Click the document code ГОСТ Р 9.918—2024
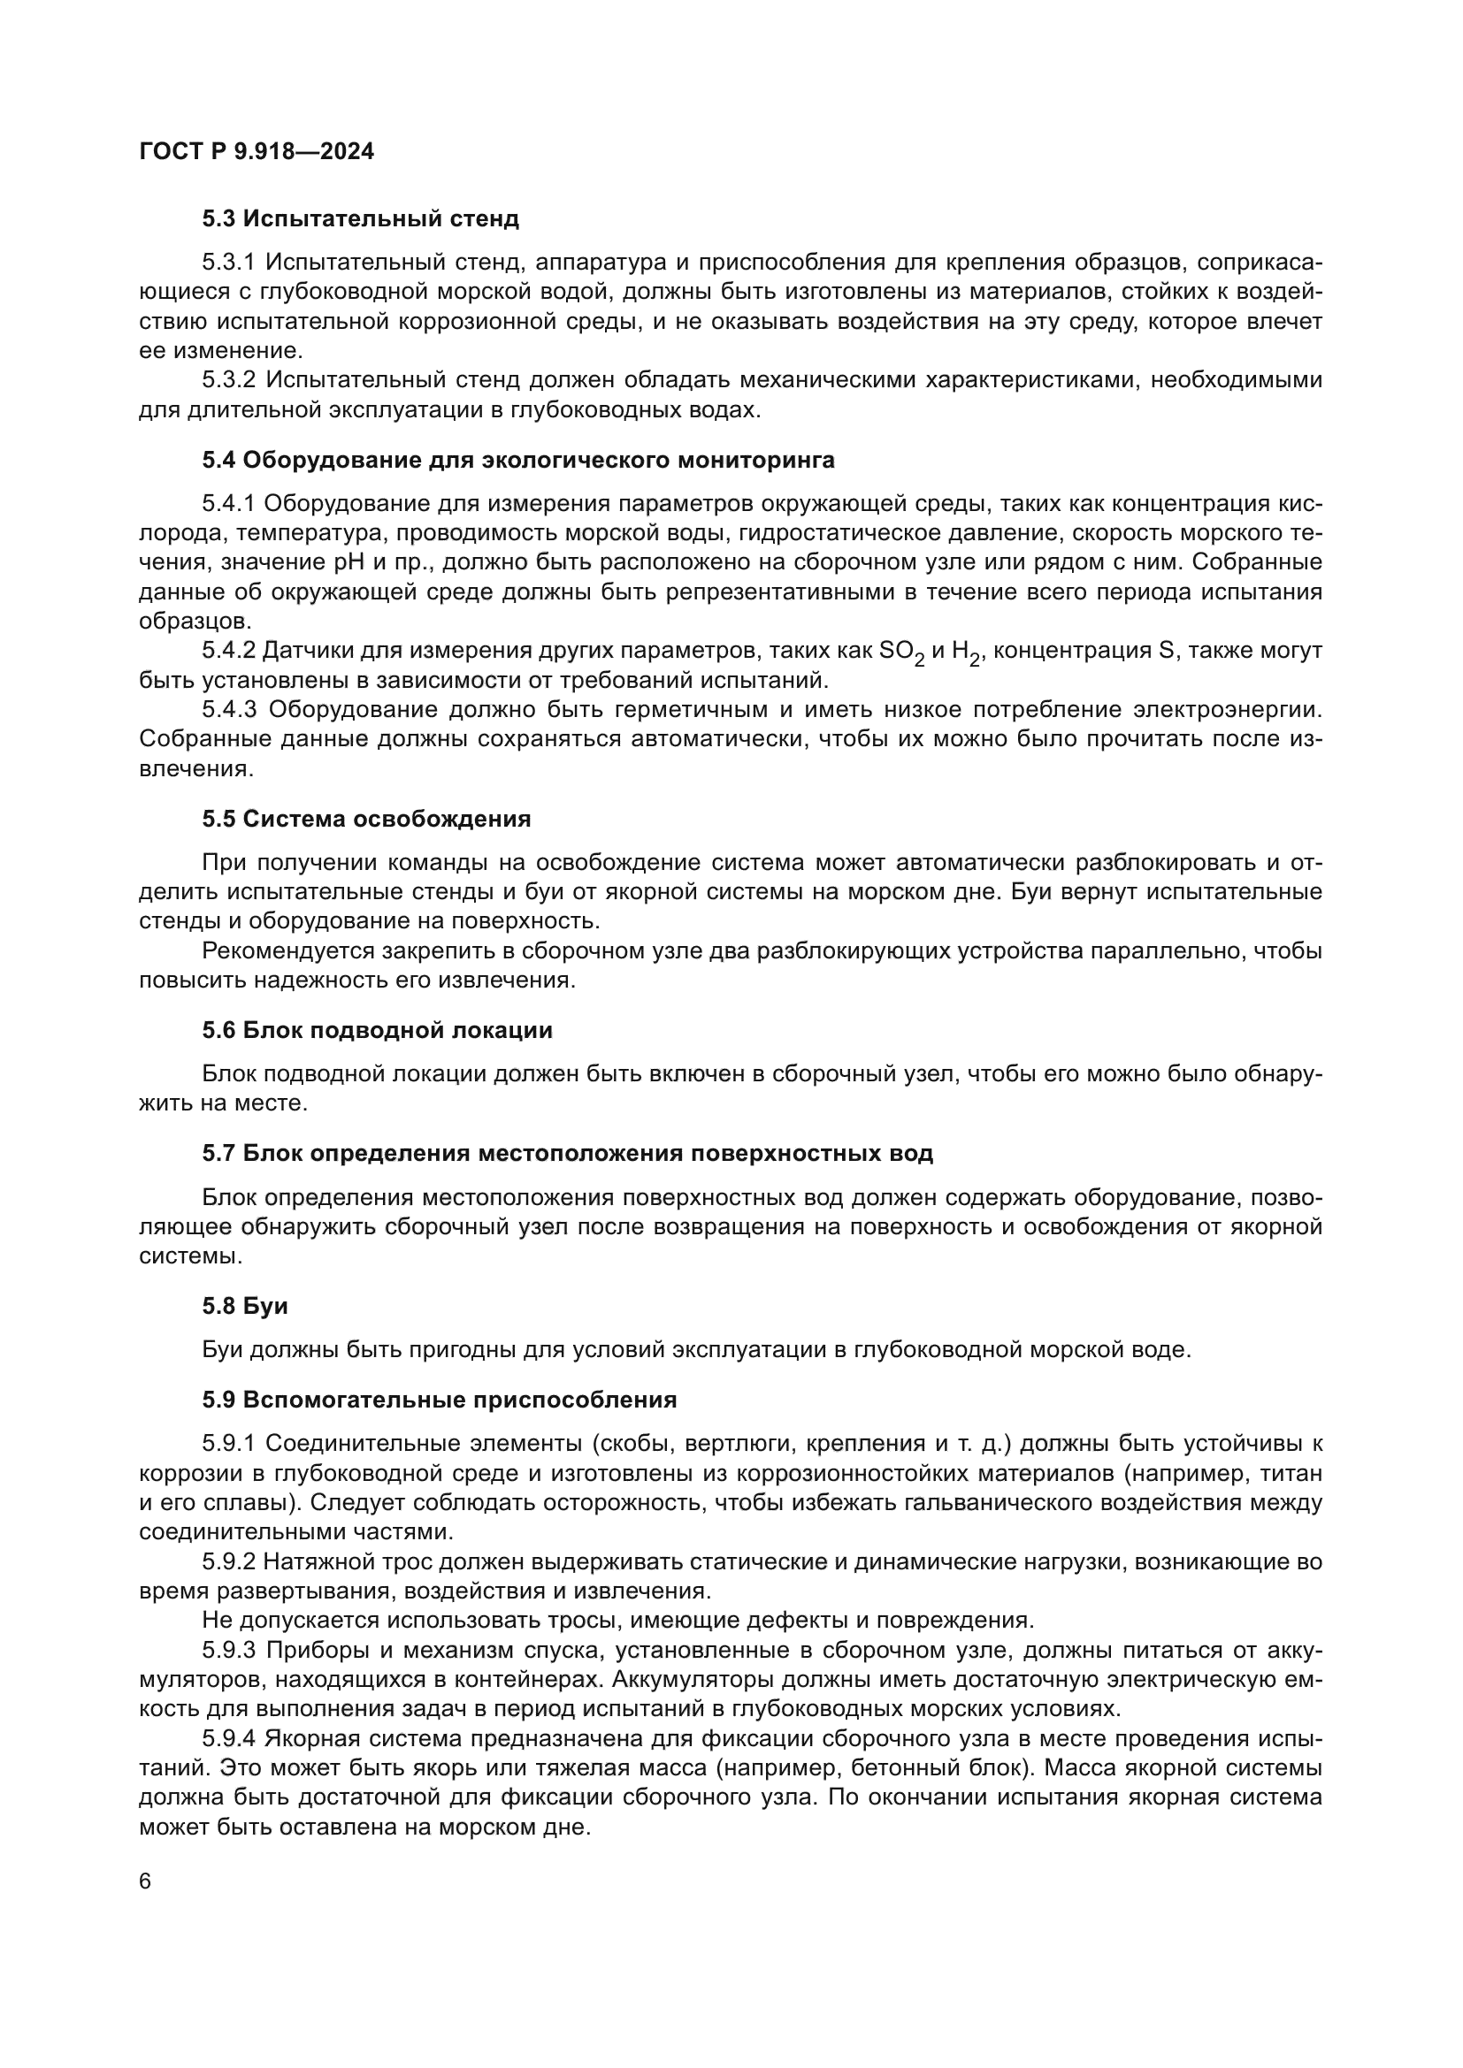coord(257,152)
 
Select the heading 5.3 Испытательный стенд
coord(360,219)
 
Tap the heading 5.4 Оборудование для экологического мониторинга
coord(518,461)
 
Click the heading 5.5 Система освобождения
coord(366,819)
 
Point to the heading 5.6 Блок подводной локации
coord(377,1030)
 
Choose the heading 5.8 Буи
coord(244,1306)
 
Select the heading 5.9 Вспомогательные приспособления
coord(439,1400)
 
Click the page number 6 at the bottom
coord(145,1881)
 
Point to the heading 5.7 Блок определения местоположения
coord(568,1154)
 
